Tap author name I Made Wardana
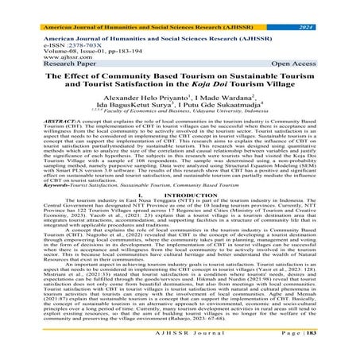pyautogui.click(x=224, y=106)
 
